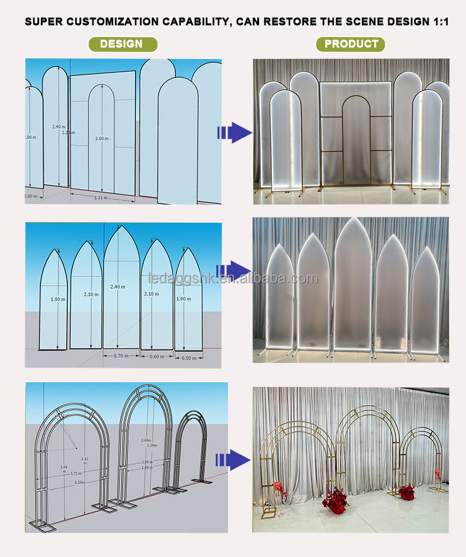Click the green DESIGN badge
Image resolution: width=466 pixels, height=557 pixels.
point(122,44)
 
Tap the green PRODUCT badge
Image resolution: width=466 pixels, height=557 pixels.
point(351,44)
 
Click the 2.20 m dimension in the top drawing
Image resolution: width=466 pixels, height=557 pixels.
point(68,133)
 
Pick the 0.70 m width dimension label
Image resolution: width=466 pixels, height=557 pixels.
point(121,355)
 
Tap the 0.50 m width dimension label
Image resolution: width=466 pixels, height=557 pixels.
point(188,358)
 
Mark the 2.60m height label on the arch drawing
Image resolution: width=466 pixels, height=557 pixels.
point(146,440)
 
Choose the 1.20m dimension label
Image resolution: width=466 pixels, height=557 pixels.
point(78,482)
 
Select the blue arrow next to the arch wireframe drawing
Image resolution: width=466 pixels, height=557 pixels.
point(233,459)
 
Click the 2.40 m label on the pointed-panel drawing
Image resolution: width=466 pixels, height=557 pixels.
point(118,287)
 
